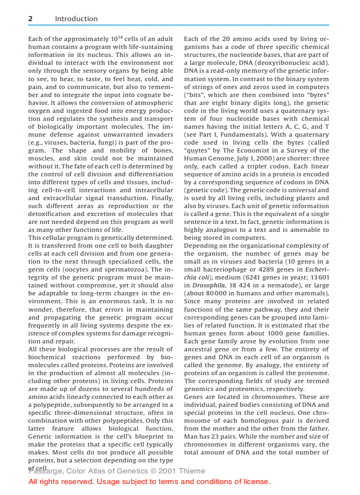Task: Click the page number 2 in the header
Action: [x=30, y=19]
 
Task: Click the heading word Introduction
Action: [x=76, y=19]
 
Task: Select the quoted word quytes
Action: [x=196, y=150]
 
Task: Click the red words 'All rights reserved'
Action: [x=61, y=481]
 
